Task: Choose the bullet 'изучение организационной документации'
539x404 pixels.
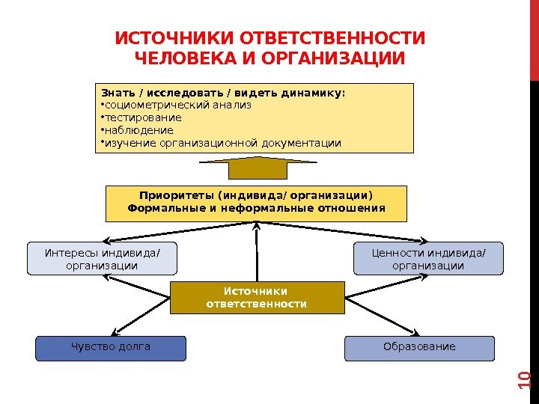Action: [222, 142]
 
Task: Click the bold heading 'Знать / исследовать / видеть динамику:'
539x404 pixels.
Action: [224, 93]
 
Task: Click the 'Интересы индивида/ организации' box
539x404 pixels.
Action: [102, 258]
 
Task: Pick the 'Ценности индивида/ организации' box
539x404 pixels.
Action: [428, 258]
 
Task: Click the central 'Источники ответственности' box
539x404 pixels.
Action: [257, 297]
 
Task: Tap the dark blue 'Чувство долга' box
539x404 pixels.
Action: [111, 347]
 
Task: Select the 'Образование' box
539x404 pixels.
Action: [419, 347]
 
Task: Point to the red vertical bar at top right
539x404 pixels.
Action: [534, 37]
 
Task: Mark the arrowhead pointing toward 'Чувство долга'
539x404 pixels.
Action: [114, 331]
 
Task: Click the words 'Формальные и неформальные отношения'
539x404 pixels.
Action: [257, 209]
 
